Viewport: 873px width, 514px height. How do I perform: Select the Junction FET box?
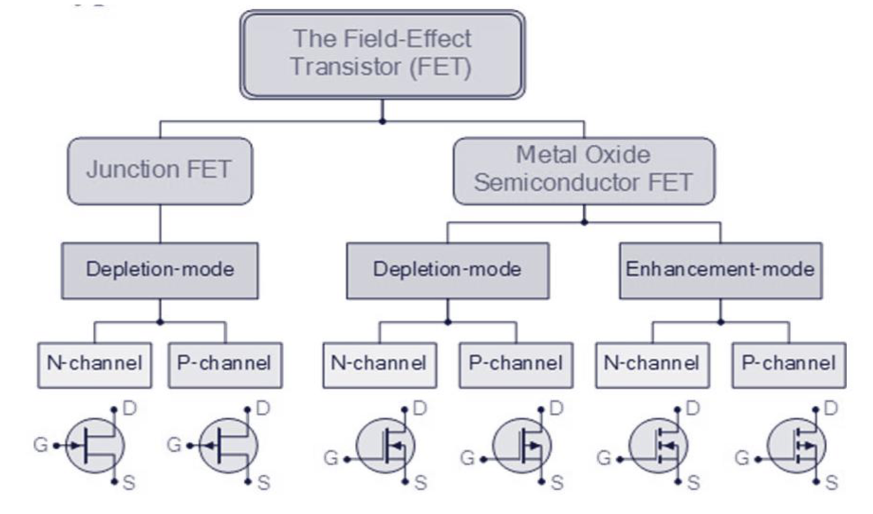coord(160,171)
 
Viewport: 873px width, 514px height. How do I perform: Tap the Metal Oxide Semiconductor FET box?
coord(584,169)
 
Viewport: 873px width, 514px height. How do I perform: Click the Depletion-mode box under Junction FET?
coord(160,270)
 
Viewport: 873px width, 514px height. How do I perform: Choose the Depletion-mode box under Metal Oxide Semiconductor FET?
coord(447,270)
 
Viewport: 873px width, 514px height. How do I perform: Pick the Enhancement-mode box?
coord(721,270)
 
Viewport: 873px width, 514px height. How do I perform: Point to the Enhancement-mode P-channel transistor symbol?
coord(797,446)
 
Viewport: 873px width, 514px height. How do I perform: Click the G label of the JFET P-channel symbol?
coord(173,446)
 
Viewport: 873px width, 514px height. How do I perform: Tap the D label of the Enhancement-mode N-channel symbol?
coord(694,410)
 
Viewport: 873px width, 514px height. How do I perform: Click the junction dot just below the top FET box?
coord(383,121)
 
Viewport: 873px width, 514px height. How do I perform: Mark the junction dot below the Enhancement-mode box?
coord(721,322)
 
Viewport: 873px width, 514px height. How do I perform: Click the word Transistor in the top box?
coord(336,67)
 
